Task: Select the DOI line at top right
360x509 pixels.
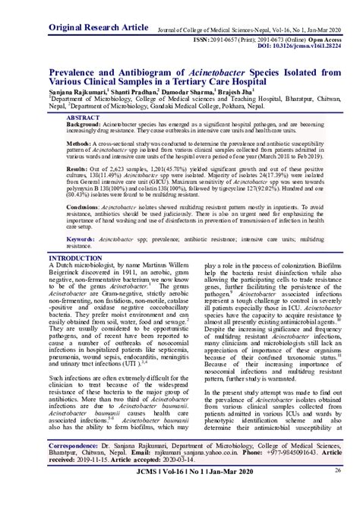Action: pos(294,45)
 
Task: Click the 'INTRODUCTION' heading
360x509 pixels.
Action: pos(76,258)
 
